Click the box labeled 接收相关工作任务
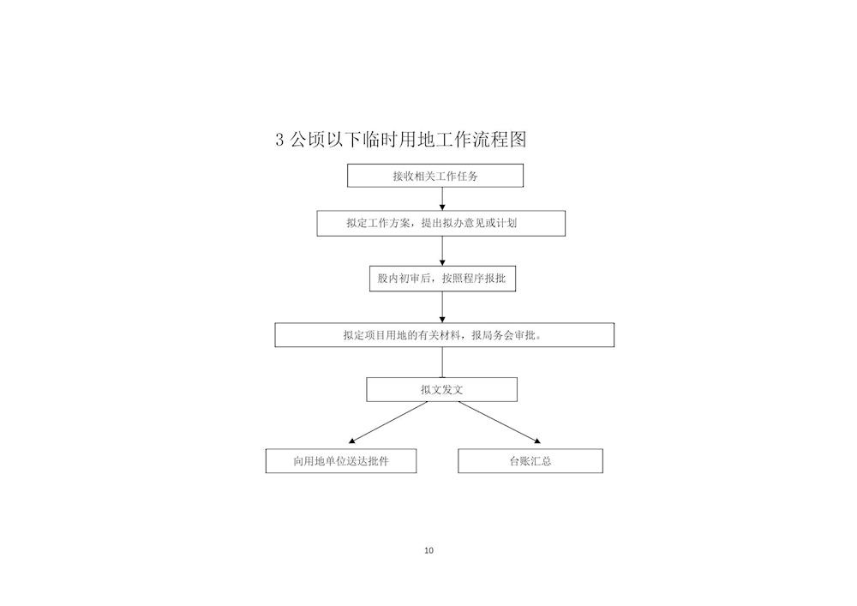(x=435, y=176)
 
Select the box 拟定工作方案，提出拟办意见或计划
(x=441, y=223)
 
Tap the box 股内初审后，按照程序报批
(x=442, y=278)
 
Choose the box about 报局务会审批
(x=444, y=335)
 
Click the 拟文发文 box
(x=441, y=390)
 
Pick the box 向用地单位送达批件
(x=341, y=460)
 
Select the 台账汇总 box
(x=530, y=460)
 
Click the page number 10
(x=429, y=550)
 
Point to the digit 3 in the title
(x=280, y=140)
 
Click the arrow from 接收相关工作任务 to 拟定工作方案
(x=442, y=199)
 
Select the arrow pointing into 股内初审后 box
(x=442, y=251)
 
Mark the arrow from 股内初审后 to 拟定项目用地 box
(x=442, y=307)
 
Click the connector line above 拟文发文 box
(x=442, y=363)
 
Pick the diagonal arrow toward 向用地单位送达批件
(x=388, y=423)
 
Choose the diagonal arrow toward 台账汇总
(x=500, y=423)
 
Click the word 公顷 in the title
(x=307, y=140)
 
